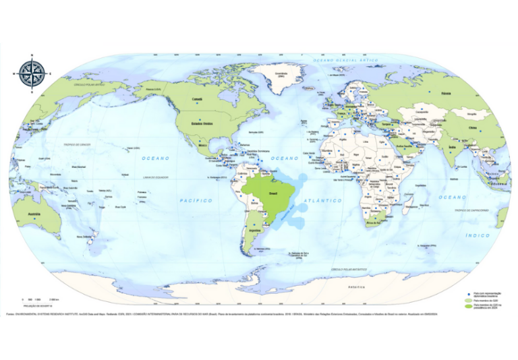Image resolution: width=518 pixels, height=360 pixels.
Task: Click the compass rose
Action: (x=32, y=70)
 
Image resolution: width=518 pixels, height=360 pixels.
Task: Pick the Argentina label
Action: (x=254, y=230)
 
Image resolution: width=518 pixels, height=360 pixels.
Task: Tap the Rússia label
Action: (x=446, y=93)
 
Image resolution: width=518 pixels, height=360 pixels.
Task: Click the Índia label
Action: (x=453, y=146)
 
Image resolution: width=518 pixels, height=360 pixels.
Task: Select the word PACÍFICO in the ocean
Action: (x=196, y=200)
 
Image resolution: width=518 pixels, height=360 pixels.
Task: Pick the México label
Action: (x=201, y=144)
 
